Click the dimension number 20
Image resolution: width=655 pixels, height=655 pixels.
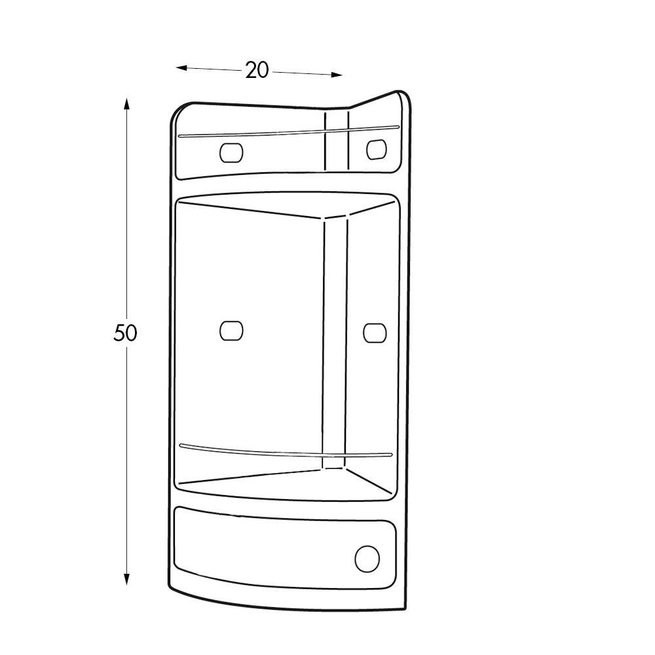257,70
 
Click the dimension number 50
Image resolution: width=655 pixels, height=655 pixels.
125,333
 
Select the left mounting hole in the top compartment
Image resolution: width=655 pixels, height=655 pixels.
231,153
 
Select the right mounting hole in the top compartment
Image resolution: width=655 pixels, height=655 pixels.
375,149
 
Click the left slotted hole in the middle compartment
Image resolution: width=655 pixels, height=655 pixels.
231,331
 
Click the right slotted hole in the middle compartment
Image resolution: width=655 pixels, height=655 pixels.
375,332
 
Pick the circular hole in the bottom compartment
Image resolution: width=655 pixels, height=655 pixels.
367,559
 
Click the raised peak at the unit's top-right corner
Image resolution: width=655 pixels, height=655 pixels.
398,96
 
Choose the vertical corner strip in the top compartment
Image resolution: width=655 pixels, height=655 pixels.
337,141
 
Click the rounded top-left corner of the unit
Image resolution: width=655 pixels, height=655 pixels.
179,111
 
